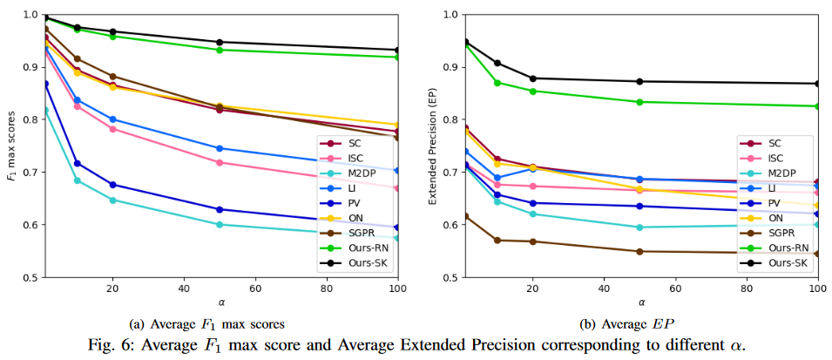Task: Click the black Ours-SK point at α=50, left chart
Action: click(220, 42)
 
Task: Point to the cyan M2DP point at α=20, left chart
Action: click(112, 200)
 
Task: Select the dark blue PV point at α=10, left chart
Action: click(77, 163)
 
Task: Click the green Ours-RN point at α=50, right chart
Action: click(639, 102)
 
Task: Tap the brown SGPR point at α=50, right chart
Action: click(639, 251)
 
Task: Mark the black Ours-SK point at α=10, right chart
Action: click(497, 63)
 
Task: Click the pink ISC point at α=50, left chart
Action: click(220, 162)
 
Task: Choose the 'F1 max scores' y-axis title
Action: click(10, 146)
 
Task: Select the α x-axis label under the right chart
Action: click(640, 302)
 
